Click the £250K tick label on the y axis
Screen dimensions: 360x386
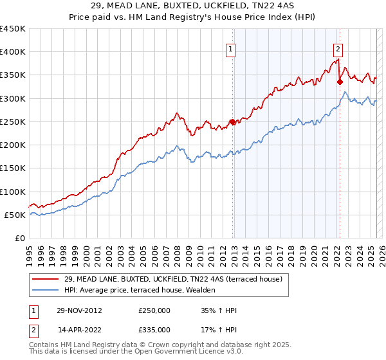(x=13, y=122)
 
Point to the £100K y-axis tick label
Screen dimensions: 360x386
(x=13, y=192)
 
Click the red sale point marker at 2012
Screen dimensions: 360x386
(x=233, y=122)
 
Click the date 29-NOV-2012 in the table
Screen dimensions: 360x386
(x=80, y=310)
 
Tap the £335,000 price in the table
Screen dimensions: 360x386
(x=154, y=329)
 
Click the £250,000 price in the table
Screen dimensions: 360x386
(x=154, y=310)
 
